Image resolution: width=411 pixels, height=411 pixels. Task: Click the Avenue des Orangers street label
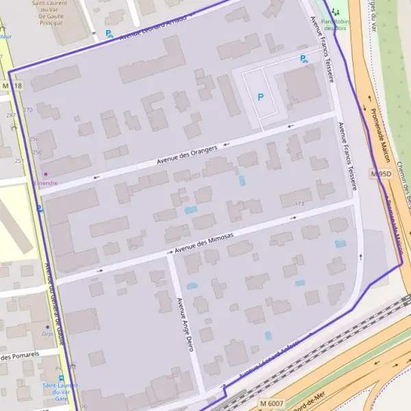pyautogui.click(x=187, y=155)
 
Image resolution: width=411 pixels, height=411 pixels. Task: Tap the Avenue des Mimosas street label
pyautogui.click(x=204, y=244)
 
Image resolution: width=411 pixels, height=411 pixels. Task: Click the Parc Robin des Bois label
pyautogui.click(x=337, y=25)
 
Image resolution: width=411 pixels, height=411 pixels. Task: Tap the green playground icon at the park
pyautogui.click(x=336, y=12)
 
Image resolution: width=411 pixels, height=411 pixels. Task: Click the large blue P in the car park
pyautogui.click(x=260, y=97)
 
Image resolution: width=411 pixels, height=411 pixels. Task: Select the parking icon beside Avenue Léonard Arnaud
pyautogui.click(x=108, y=33)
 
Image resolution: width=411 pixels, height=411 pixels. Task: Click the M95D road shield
pyautogui.click(x=380, y=174)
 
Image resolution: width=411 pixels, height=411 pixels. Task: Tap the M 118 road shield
pyautogui.click(x=12, y=86)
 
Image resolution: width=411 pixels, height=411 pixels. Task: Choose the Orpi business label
pyautogui.click(x=47, y=335)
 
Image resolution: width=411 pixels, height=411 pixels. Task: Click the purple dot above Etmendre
pyautogui.click(x=46, y=174)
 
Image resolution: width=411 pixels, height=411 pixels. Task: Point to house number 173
pyautogui.click(x=299, y=203)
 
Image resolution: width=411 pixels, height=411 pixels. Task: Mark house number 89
pyautogui.click(x=59, y=369)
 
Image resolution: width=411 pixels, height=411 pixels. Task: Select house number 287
pyautogui.click(x=10, y=115)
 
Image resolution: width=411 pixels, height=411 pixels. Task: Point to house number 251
pyautogui.click(x=19, y=160)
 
